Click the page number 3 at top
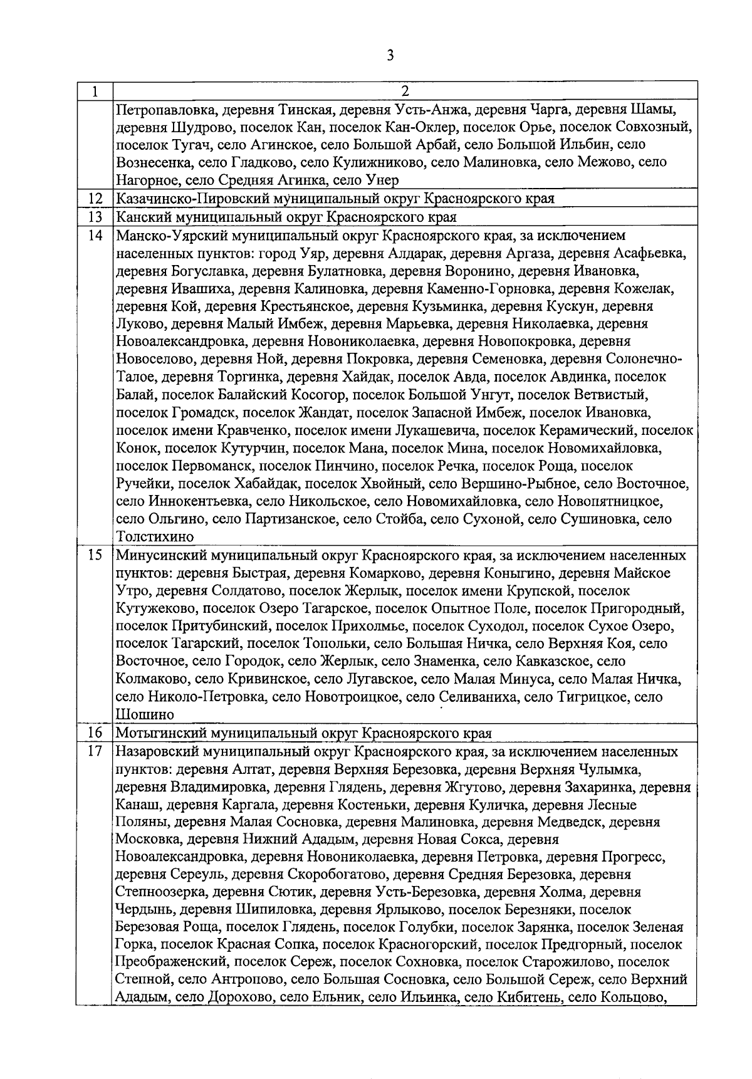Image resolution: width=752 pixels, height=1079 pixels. [x=390, y=56]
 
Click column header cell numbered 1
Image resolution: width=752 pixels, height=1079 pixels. [x=94, y=91]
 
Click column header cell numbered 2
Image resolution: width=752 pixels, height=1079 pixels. [x=405, y=91]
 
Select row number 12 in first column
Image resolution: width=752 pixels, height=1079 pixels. [x=95, y=199]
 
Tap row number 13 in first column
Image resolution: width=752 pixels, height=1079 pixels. [x=95, y=217]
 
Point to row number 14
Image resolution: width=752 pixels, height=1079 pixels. [x=95, y=236]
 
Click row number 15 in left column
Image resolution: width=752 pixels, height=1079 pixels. [x=95, y=555]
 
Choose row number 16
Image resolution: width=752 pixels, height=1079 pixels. [x=95, y=733]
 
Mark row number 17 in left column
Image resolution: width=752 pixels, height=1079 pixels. [x=95, y=751]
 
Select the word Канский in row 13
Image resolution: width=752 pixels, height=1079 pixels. [x=138, y=217]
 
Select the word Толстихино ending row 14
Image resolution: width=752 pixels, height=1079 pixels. [x=155, y=537]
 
